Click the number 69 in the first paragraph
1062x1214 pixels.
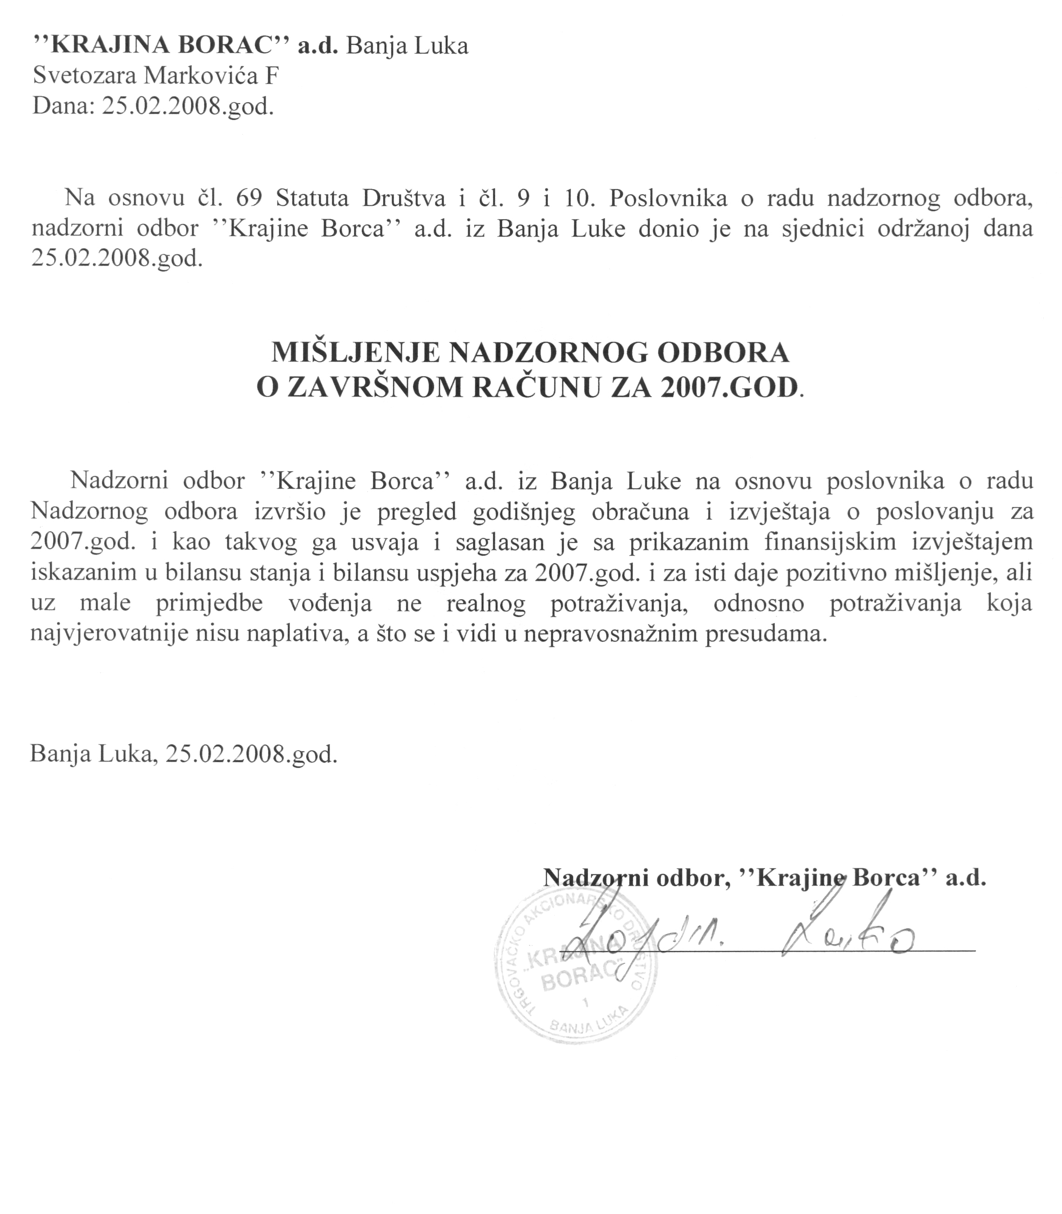(248, 198)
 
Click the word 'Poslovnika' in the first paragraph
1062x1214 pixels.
(668, 198)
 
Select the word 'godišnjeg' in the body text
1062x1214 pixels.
(524, 512)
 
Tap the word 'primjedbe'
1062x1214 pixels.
(214, 604)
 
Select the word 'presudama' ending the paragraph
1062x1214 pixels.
(765, 635)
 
